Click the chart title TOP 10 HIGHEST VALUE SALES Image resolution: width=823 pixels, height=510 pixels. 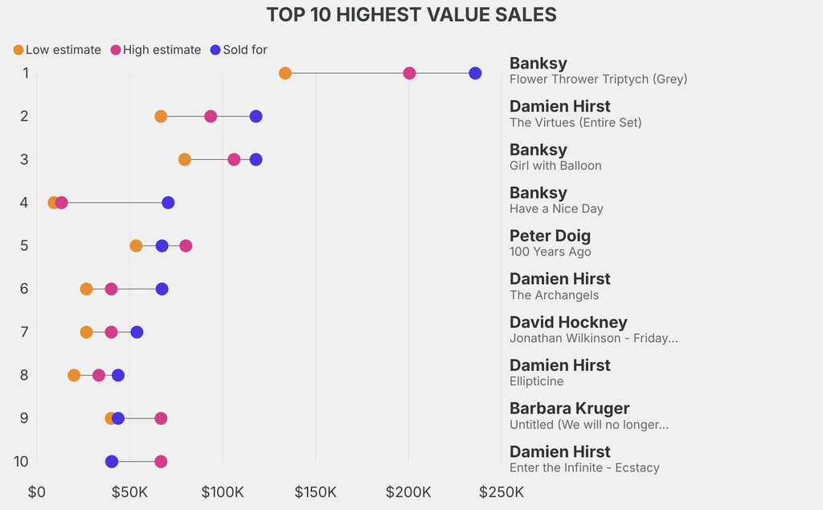tap(411, 14)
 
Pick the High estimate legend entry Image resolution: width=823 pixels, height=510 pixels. tap(155, 50)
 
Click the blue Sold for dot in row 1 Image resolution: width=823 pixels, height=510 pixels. tap(475, 73)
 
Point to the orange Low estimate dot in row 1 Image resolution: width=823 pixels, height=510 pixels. tap(285, 73)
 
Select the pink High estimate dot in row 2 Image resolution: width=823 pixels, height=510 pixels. tap(211, 117)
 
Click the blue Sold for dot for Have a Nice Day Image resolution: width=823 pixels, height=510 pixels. tap(168, 203)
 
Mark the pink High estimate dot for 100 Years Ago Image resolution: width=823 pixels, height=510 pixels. tap(186, 245)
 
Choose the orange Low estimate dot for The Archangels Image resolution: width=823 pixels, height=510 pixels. tap(86, 289)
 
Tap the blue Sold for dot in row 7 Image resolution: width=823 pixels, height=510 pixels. tap(137, 332)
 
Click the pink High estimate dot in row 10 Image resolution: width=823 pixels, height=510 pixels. tap(161, 462)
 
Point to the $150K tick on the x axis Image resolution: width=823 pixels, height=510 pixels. tap(315, 491)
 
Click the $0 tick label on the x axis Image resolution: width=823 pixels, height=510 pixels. tap(36, 491)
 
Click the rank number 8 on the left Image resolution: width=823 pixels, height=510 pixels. tap(24, 375)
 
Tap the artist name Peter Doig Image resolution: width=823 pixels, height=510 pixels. tap(550, 236)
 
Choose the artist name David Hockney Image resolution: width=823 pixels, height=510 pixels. tap(568, 322)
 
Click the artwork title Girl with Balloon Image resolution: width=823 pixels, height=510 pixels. tap(555, 166)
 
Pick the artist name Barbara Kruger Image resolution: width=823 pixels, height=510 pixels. tap(569, 408)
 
